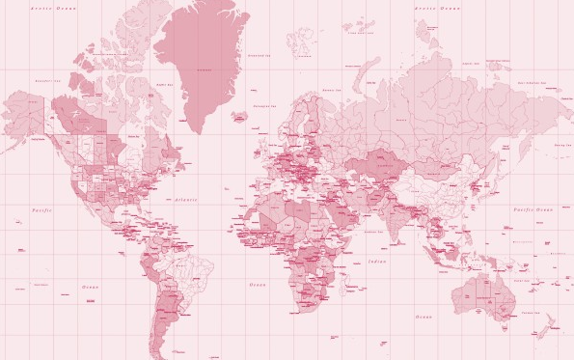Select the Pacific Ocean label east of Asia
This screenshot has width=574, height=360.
(x=532, y=208)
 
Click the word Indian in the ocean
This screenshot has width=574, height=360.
(x=376, y=261)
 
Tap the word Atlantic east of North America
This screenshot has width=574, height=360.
(x=186, y=200)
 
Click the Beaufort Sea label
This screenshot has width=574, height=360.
(x=45, y=81)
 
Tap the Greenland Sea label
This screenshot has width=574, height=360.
(x=258, y=56)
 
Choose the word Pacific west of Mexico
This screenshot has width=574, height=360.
(x=40, y=208)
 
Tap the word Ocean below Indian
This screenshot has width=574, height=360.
(x=423, y=317)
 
